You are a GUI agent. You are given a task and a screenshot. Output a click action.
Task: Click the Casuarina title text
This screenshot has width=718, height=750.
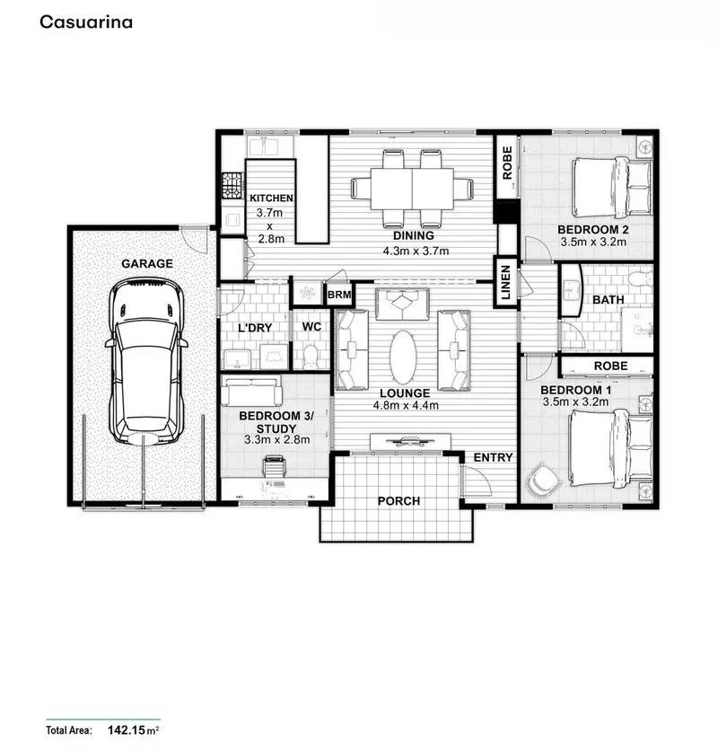click(x=85, y=22)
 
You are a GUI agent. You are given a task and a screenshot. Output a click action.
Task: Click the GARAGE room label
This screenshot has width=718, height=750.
click(x=148, y=263)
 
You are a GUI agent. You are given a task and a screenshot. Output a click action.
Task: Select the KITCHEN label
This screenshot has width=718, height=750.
click(x=272, y=198)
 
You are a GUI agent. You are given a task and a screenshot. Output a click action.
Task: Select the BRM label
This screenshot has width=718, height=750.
click(x=338, y=295)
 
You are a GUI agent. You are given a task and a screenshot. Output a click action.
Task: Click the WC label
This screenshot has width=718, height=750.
click(x=312, y=327)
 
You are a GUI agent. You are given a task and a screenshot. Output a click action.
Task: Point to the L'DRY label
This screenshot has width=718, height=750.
click(x=254, y=328)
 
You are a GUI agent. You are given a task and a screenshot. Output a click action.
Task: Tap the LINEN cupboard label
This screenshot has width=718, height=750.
click(x=505, y=282)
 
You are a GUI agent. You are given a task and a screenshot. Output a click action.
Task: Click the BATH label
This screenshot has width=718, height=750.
click(x=607, y=300)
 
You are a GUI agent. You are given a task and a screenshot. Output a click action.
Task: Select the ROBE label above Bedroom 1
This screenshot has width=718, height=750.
click(x=609, y=366)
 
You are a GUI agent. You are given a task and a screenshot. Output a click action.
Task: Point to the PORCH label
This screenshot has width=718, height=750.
click(x=398, y=500)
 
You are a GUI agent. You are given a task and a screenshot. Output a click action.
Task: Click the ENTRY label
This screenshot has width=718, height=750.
click(x=493, y=457)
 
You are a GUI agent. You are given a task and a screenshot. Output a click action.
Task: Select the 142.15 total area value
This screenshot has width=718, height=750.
click(x=128, y=730)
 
